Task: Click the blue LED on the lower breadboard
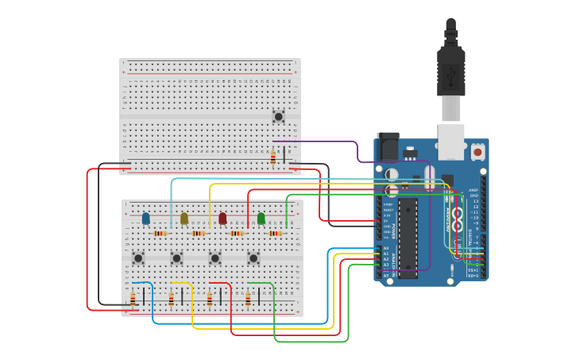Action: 145,219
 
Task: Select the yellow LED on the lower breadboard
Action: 184,219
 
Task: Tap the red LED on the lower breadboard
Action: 222,219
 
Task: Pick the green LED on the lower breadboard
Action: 261,219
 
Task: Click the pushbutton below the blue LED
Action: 138,257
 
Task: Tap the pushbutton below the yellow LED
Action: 176,257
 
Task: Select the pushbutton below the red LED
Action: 215,257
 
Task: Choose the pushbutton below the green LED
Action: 253,257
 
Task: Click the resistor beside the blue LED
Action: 160,234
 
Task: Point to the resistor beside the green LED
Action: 275,234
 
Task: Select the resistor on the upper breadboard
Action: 273,157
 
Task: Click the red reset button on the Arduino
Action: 477,150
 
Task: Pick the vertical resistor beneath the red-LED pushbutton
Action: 210,299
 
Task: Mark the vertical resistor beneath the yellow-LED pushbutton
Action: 171,299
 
